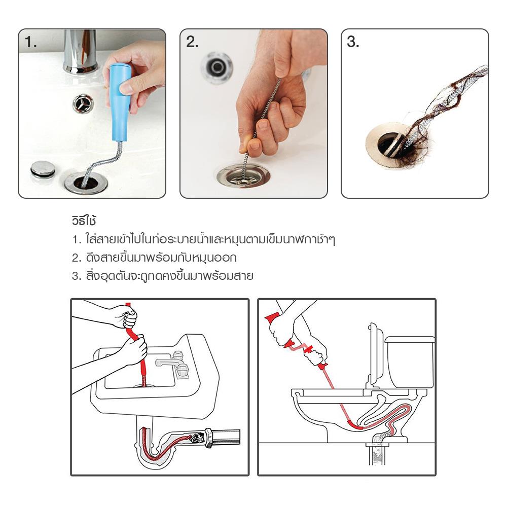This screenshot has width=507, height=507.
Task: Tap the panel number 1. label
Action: tap(30, 43)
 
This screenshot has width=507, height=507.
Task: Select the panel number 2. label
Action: tap(192, 43)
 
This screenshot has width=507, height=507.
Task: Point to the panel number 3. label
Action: tap(353, 43)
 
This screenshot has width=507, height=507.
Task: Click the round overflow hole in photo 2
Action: tap(217, 67)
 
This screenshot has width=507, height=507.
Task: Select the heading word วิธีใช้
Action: tap(84, 221)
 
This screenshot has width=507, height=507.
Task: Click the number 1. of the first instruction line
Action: tap(77, 240)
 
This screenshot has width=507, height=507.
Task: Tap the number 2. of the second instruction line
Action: tap(77, 258)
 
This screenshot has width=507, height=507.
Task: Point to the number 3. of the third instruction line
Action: tap(77, 276)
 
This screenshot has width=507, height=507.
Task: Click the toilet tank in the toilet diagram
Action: tap(410, 361)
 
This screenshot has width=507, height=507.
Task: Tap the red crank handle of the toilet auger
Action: tap(298, 348)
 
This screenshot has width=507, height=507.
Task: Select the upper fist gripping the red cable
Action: tap(129, 316)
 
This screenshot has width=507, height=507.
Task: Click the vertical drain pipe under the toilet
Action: tap(378, 454)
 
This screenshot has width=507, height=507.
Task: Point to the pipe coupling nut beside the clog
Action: tap(208, 438)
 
